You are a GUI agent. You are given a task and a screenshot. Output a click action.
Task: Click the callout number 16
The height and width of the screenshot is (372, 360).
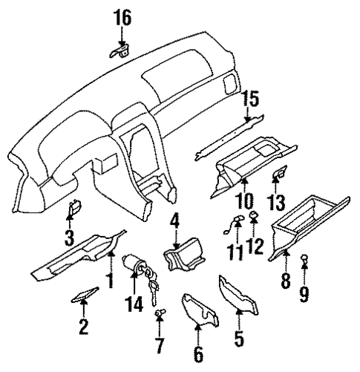pyautogui.click(x=120, y=15)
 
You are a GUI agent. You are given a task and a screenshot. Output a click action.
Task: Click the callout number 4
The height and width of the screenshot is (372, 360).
pyautogui.click(x=174, y=221)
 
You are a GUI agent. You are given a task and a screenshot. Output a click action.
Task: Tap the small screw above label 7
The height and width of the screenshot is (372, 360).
pyautogui.click(x=158, y=314)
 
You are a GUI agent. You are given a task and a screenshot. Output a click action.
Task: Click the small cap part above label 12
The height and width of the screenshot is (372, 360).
pyautogui.click(x=254, y=217)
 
